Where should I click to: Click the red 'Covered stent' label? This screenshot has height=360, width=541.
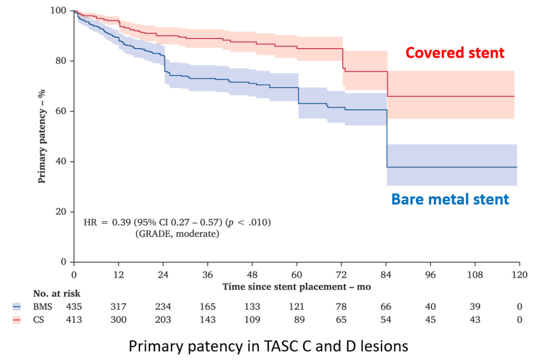click(455, 53)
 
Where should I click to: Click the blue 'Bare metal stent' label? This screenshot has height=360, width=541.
click(450, 199)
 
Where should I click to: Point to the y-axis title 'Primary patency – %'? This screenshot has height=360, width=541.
click(43, 136)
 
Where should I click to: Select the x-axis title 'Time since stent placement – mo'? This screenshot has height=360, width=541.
click(297, 287)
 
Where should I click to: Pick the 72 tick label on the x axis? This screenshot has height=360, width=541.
click(341, 274)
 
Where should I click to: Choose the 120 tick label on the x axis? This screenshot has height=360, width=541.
click(519, 274)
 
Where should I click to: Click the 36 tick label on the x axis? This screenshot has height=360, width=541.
click(207, 274)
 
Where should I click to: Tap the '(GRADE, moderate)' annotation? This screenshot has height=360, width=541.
click(177, 234)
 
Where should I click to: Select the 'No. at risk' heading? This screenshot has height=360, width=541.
click(57, 294)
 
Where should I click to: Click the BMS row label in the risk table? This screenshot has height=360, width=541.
click(43, 307)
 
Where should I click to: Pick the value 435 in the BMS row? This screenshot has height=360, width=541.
click(74, 307)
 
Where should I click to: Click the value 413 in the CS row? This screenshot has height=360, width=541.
click(74, 319)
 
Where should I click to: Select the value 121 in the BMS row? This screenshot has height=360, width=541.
click(297, 307)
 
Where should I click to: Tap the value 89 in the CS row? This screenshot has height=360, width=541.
click(299, 319)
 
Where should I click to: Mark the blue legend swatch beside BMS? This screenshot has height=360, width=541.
click(17, 307)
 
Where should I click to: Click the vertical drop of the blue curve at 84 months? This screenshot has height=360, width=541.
click(387, 139)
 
